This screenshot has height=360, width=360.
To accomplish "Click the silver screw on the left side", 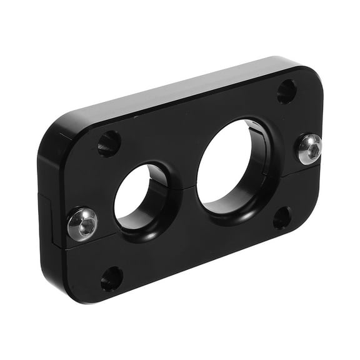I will point(82,224).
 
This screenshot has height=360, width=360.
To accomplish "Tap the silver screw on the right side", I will point(309,149).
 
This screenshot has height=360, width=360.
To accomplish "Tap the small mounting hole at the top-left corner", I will point(109,143).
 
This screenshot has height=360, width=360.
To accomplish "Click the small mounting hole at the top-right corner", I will point(286,91).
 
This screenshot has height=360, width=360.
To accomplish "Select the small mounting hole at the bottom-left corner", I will point(112,279).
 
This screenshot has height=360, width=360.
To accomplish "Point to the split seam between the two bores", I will point(182,185).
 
